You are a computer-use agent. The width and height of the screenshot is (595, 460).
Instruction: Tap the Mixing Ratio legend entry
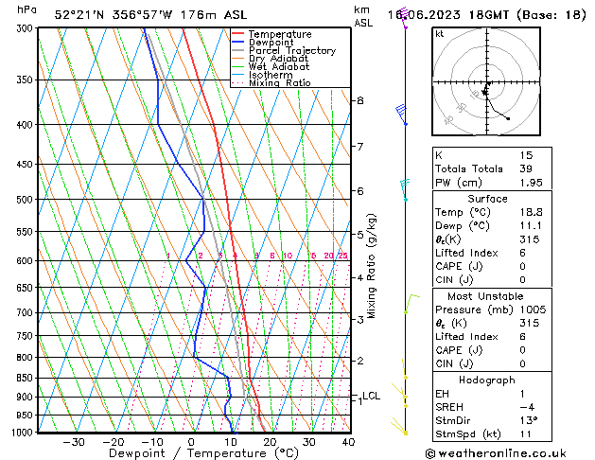click(279, 83)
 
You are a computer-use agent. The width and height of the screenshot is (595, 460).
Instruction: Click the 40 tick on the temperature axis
click(349, 442)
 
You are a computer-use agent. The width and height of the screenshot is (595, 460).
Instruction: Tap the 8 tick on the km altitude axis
click(359, 100)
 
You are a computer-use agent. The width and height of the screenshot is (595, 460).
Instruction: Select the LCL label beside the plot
click(371, 396)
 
